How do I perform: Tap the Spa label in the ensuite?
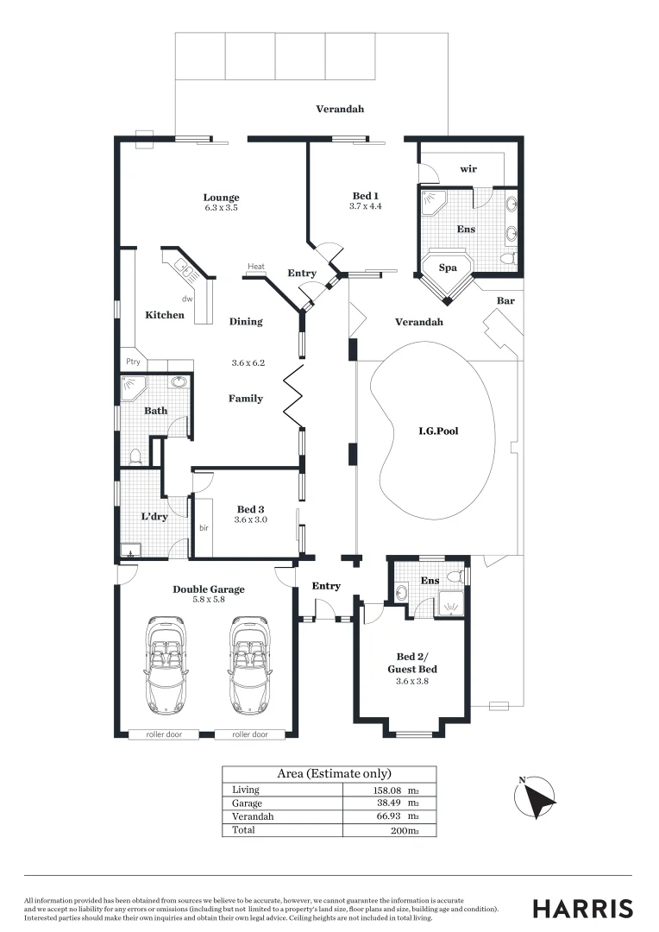point(448,268)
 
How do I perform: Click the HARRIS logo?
point(582,908)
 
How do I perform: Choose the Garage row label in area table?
point(246,803)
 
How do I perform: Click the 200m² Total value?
point(404,830)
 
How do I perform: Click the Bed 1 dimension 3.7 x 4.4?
point(366,207)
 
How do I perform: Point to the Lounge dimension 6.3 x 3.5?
point(221,208)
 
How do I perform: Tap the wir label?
point(468,169)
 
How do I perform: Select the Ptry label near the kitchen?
point(133,362)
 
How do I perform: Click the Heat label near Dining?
point(256,267)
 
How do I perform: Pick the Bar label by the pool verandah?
point(505,300)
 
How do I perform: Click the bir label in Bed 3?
point(204,527)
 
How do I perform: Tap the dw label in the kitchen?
point(186,299)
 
